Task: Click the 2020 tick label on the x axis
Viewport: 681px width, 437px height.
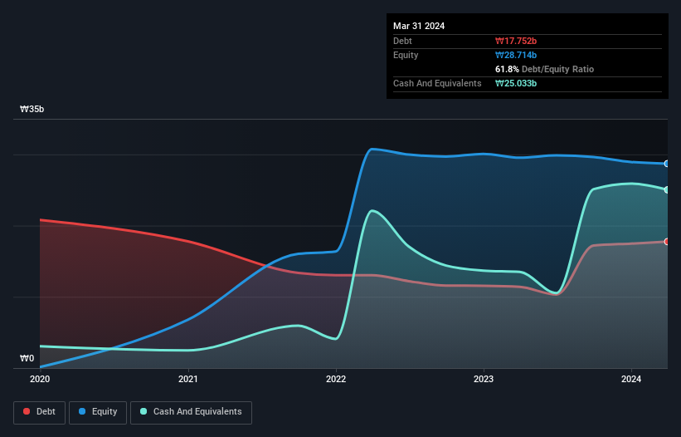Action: [40, 380]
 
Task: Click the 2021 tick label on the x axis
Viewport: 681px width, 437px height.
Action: [188, 380]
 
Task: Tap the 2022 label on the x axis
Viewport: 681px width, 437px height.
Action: [336, 380]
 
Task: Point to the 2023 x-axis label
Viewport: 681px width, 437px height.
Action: [484, 380]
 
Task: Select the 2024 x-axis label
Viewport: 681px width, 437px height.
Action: [631, 380]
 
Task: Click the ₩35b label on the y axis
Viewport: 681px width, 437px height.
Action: [33, 109]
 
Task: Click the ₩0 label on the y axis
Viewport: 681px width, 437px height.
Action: [27, 359]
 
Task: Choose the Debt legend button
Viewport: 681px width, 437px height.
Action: [39, 411]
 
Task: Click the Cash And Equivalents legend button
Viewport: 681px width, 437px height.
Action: [191, 411]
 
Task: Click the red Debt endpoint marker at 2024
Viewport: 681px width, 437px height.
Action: [667, 241]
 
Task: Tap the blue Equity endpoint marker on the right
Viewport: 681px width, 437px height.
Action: [667, 164]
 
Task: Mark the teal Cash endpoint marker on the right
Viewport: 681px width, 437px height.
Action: [667, 189]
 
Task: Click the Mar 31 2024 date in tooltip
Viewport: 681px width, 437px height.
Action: [419, 26]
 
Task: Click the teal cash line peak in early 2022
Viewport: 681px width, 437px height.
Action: [374, 210]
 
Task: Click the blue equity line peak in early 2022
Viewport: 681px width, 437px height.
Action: [372, 149]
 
